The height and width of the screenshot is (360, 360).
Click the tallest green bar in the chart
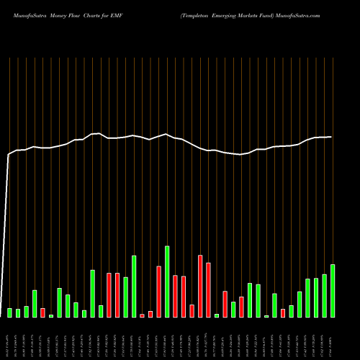(167, 282)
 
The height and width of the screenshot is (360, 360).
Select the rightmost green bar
(333, 291)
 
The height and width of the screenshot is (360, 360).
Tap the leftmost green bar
(10, 312)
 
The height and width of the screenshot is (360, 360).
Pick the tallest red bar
(200, 286)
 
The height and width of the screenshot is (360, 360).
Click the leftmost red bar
(43, 312)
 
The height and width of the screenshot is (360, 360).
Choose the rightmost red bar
(283, 312)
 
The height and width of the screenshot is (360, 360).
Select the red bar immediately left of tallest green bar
(158, 292)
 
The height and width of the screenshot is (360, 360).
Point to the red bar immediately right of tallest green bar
(175, 296)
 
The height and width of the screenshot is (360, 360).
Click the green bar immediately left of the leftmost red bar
(35, 303)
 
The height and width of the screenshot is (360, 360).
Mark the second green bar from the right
(324, 295)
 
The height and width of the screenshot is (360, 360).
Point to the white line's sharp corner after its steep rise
(9, 154)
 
